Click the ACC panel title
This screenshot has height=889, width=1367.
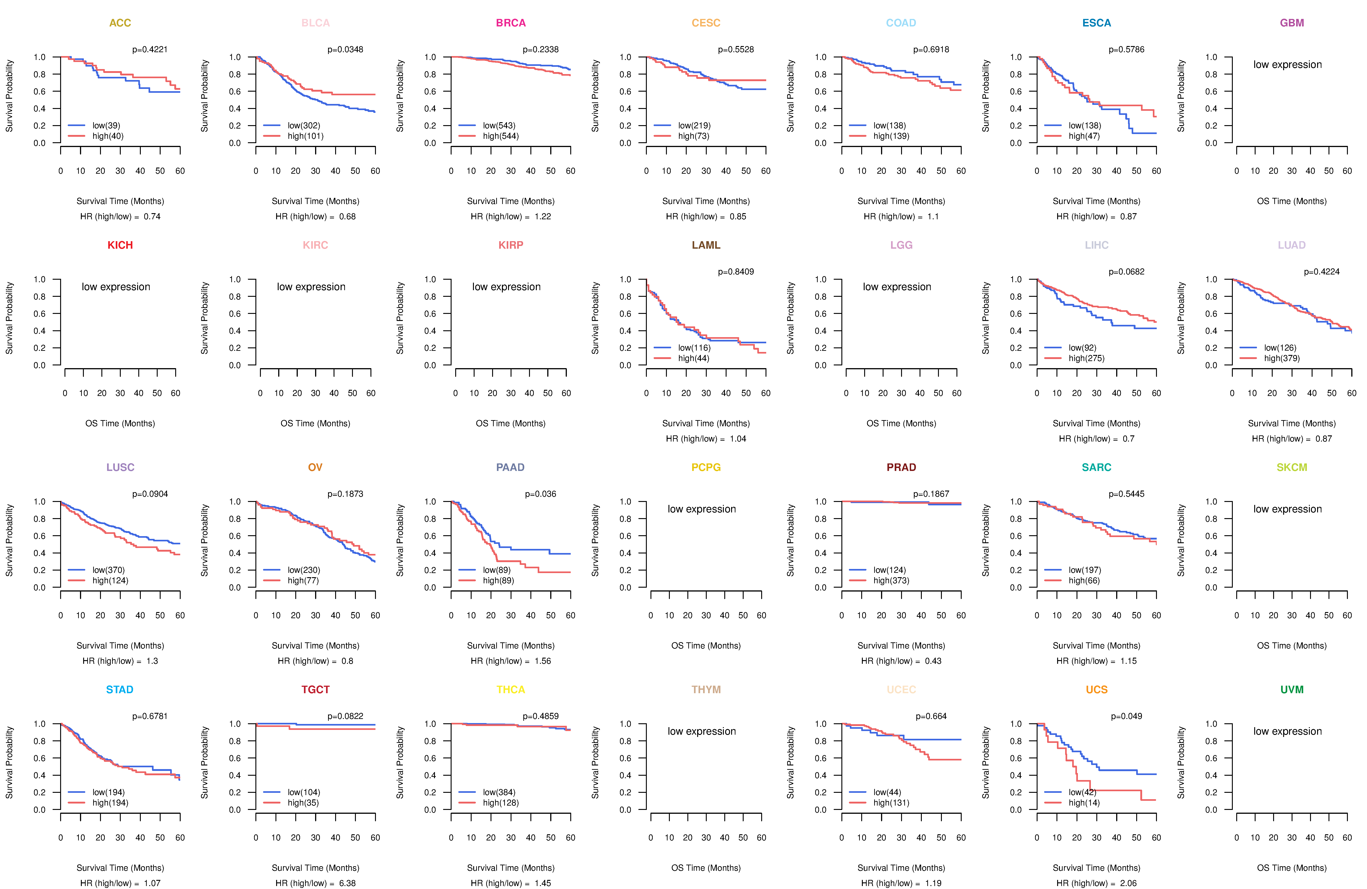(120, 23)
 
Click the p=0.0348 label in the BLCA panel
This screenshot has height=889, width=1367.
(345, 49)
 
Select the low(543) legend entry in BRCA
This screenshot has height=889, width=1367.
(498, 125)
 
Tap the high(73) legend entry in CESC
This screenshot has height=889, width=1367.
(693, 136)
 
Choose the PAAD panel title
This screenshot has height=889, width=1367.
(510, 467)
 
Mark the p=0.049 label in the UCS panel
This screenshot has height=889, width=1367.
(1126, 716)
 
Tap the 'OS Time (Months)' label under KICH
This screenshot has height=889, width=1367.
(120, 424)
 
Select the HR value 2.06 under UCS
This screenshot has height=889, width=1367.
(1128, 883)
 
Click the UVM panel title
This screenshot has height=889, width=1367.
(1292, 690)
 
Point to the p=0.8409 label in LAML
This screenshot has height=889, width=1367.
(736, 272)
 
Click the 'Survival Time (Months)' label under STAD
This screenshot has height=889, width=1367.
(120, 868)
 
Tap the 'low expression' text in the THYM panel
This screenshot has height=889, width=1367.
(701, 731)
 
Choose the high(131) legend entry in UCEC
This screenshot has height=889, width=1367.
(891, 803)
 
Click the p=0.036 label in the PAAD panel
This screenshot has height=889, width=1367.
(540, 494)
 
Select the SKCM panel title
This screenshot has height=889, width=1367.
(1292, 467)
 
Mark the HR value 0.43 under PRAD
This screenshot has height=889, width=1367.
(933, 661)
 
